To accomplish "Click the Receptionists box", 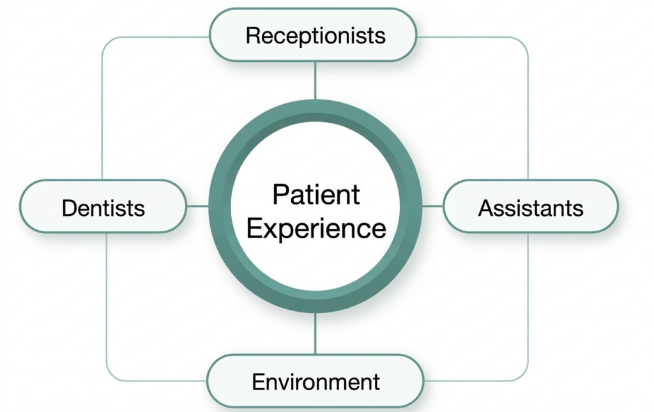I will pos(314,35).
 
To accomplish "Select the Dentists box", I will pos(103,207).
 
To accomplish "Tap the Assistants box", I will pos(530,207).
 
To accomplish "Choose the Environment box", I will pos(315,382).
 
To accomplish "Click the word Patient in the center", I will pos(316,194).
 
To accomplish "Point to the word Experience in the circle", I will pos(316,228).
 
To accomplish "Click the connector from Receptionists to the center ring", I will pos(315,80).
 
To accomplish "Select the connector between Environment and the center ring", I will pos(315,333).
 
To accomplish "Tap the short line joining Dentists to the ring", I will pos(198,206).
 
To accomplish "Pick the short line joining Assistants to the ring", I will pos(432,206).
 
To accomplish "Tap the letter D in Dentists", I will pos(68,208).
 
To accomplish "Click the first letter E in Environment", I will pos(257,382).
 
